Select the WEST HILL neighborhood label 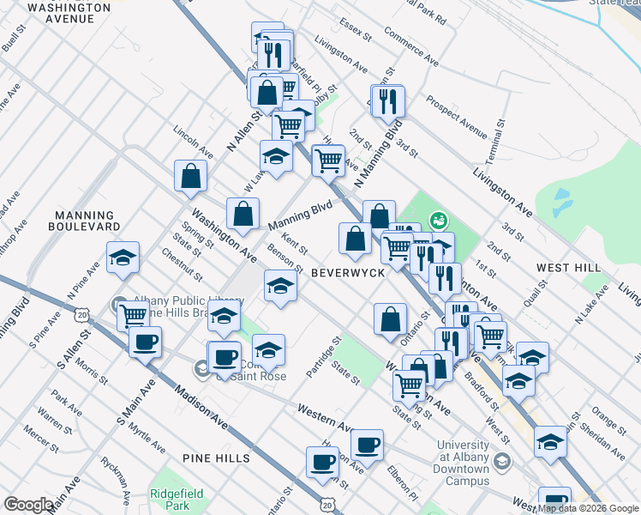tap(566, 268)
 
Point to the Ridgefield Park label tap(170, 499)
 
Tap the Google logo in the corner tap(27, 505)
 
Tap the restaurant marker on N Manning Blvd tap(387, 101)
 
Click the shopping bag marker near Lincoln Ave tap(190, 176)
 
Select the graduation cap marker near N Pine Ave tap(123, 257)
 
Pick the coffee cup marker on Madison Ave tap(144, 342)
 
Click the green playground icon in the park tap(438, 221)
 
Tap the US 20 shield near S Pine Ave tap(81, 316)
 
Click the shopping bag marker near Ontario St tap(390, 319)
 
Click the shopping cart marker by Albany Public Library tap(133, 315)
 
